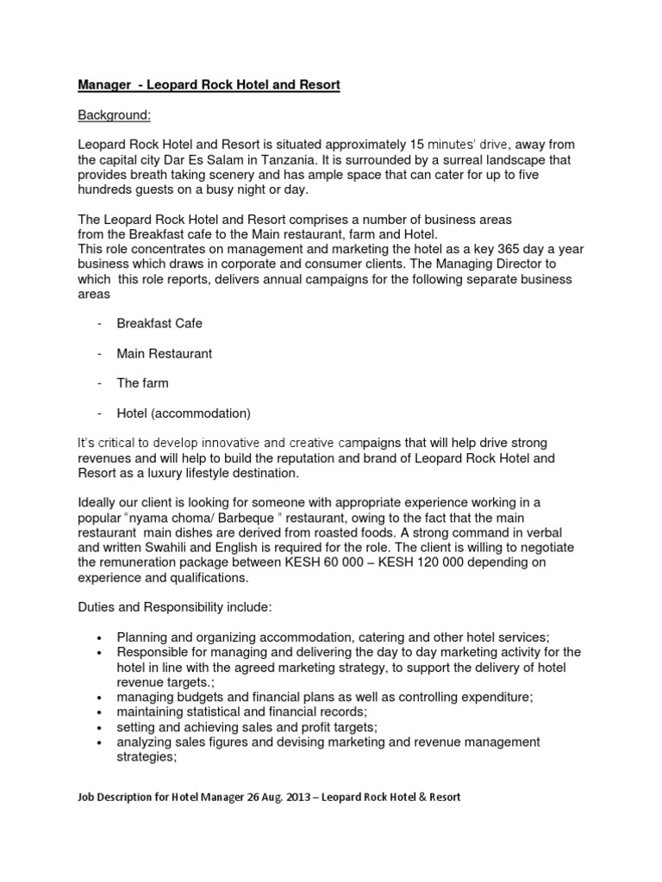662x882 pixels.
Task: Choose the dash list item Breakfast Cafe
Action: pos(159,323)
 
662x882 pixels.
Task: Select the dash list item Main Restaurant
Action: pos(164,353)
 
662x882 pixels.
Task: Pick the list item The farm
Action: pos(142,382)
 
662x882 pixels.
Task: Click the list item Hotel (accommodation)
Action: pos(184,412)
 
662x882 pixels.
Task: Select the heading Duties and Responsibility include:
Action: pos(175,607)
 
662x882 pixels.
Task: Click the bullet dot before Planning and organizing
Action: pos(100,637)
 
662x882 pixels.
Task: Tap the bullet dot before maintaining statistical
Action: pos(100,712)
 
